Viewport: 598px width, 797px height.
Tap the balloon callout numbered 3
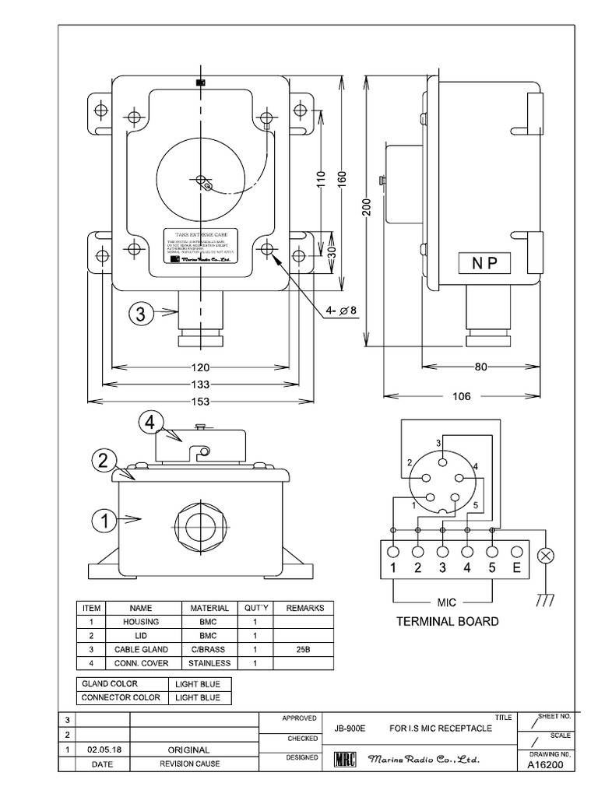pos(141,314)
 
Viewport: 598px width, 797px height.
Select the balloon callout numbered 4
pos(151,423)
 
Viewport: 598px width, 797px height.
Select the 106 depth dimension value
pos(461,396)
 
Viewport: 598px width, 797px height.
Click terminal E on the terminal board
pos(516,567)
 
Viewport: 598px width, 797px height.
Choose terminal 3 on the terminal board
pos(442,567)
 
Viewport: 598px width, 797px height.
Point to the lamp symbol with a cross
pos(547,556)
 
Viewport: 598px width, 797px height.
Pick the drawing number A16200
pos(545,764)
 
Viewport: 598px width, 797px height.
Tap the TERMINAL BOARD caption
pos(447,622)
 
